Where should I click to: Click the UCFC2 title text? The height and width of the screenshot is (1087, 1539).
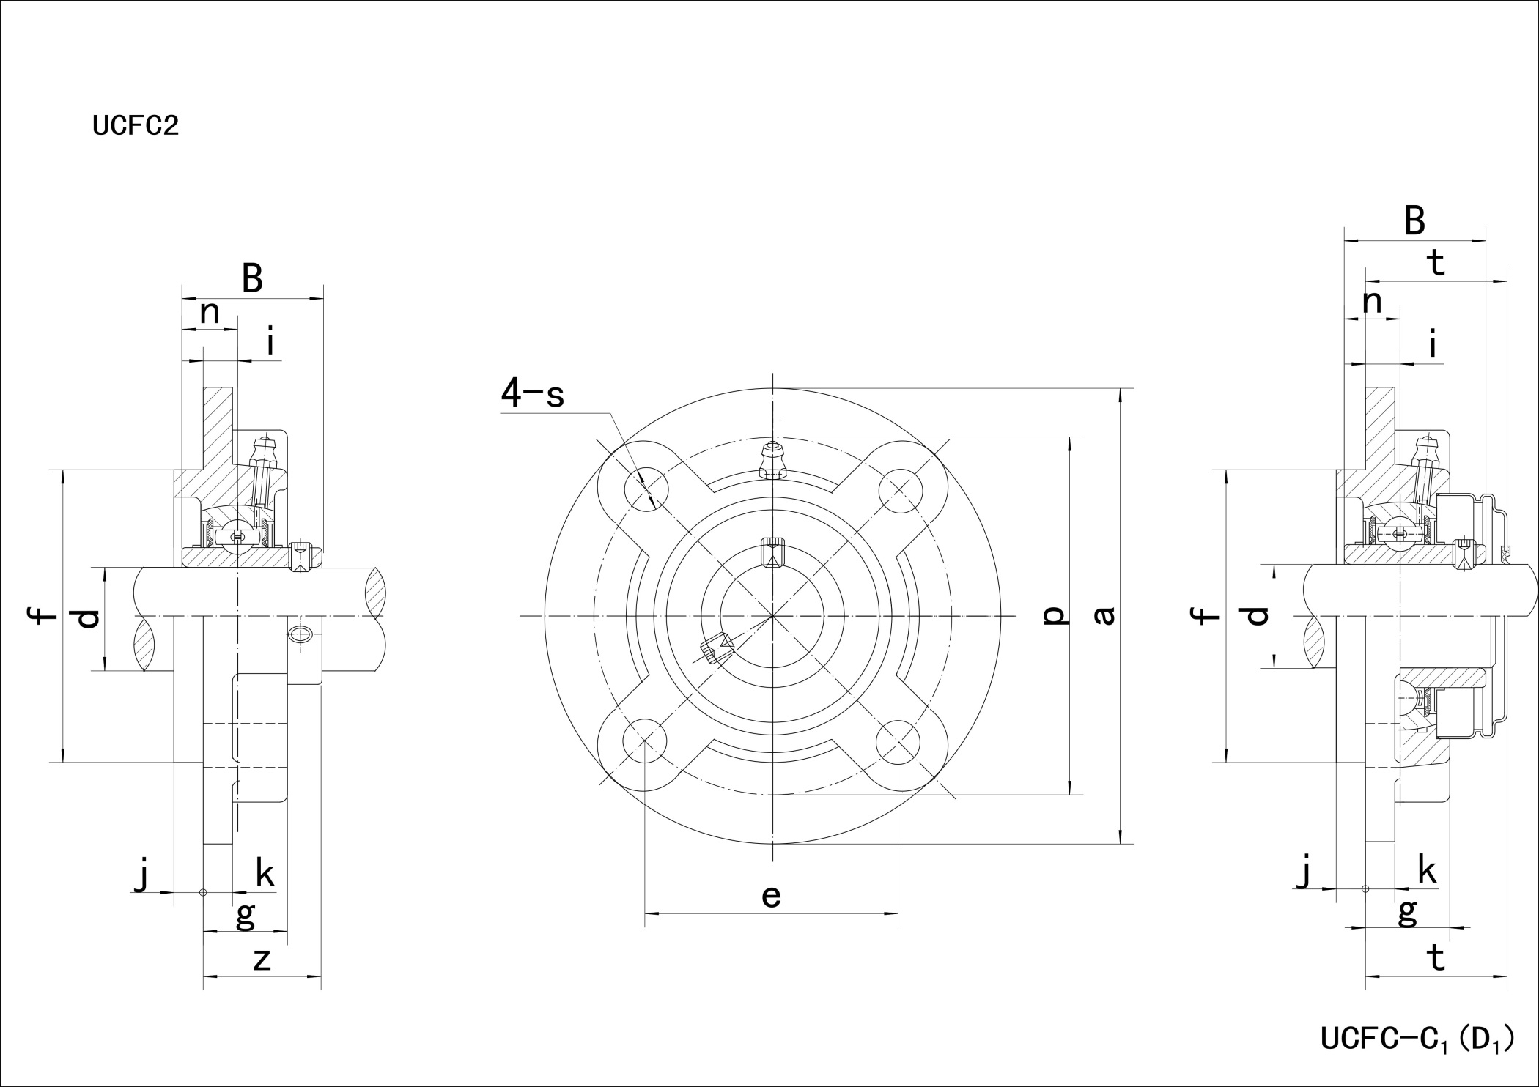tap(136, 126)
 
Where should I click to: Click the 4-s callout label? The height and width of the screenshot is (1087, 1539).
tap(533, 393)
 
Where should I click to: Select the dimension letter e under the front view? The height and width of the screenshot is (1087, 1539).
tap(771, 896)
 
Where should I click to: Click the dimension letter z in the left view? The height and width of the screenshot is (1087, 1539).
tap(262, 960)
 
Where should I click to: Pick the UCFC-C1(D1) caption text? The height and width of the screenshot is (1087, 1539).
tap(1417, 1039)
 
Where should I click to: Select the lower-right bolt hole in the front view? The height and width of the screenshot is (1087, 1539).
tap(898, 742)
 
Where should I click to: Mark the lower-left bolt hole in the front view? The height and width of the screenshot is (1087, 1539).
tap(645, 741)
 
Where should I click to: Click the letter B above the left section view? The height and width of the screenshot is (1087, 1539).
tap(252, 279)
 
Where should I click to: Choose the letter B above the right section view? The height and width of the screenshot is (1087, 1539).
tap(1414, 220)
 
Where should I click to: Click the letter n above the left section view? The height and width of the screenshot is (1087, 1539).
tap(210, 313)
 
